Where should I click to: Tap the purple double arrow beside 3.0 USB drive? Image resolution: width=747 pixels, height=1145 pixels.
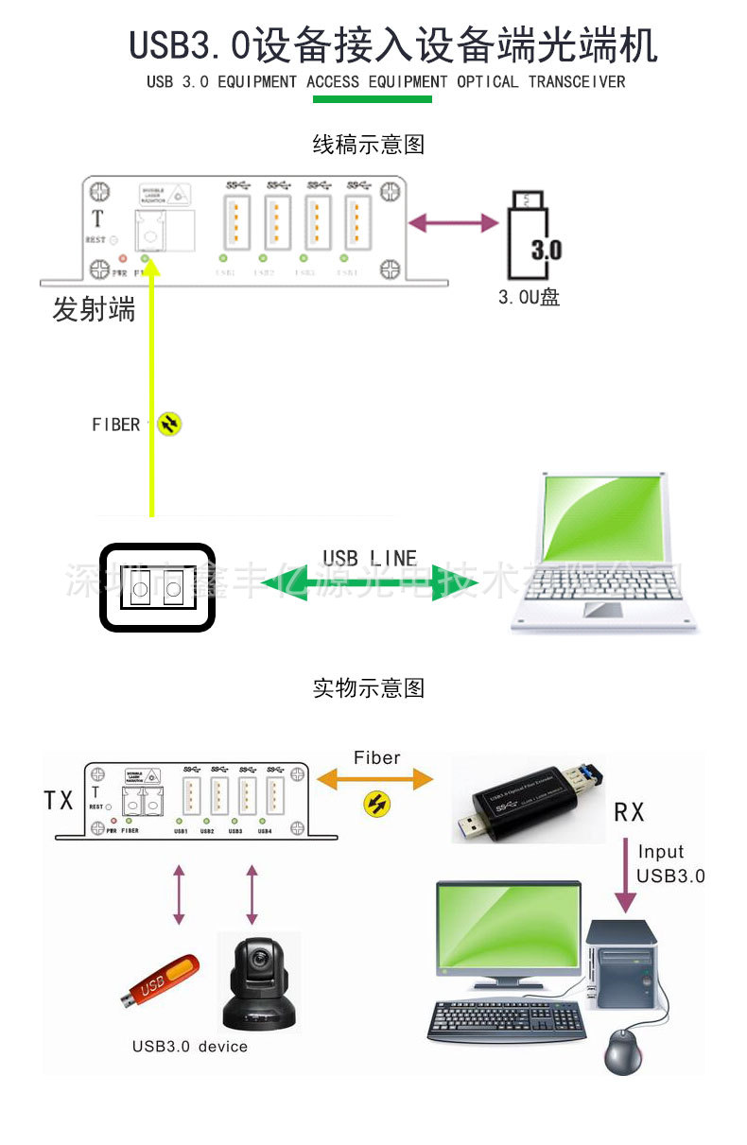(x=453, y=223)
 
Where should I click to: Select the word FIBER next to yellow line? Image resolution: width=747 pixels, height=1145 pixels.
(x=116, y=425)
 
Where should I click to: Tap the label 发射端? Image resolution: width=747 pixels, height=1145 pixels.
(x=94, y=309)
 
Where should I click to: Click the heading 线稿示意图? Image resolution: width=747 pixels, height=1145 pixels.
(x=369, y=145)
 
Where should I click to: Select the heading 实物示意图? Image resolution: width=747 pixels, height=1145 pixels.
(x=369, y=688)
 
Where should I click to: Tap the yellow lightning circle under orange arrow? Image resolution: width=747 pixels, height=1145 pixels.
(x=377, y=805)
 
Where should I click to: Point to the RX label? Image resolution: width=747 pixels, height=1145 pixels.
(x=630, y=811)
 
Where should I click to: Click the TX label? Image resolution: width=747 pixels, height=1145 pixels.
(x=59, y=801)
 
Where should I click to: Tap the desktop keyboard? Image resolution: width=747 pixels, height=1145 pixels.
(x=507, y=1020)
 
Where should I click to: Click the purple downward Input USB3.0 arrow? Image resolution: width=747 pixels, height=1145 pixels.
(x=623, y=875)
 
